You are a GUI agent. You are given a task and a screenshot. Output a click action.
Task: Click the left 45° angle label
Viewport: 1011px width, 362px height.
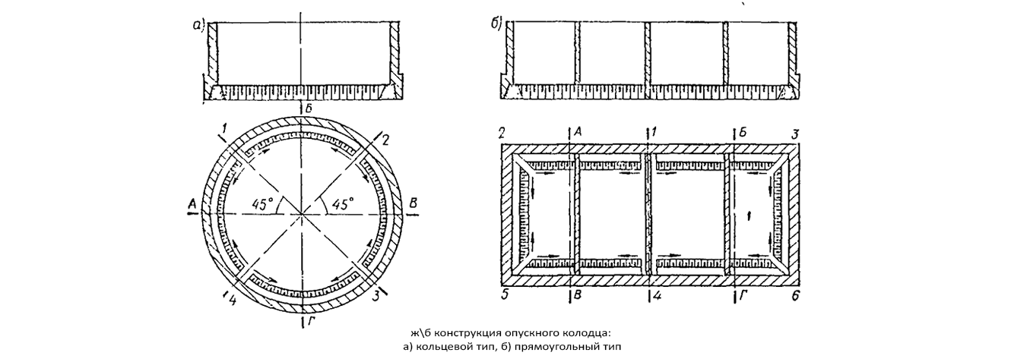coord(263,204)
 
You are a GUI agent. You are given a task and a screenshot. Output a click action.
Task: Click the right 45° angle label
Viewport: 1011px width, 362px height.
coord(342,204)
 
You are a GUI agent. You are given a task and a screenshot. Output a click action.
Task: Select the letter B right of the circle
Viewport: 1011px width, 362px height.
coord(413,203)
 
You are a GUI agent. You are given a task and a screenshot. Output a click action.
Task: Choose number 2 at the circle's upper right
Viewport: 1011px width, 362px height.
coord(385,139)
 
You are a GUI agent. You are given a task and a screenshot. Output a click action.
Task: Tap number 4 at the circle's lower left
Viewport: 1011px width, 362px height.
coord(232,300)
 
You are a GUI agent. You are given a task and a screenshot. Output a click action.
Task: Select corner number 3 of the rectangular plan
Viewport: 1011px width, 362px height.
coord(795,134)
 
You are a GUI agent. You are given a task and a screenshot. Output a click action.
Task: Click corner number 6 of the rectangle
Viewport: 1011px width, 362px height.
coord(796,296)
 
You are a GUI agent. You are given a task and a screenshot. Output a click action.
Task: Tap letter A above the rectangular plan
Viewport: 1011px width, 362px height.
coord(577,131)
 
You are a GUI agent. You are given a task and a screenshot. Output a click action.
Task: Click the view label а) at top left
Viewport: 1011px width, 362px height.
coord(198,26)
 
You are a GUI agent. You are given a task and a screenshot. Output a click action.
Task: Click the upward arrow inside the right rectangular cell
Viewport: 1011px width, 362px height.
coord(750,216)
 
